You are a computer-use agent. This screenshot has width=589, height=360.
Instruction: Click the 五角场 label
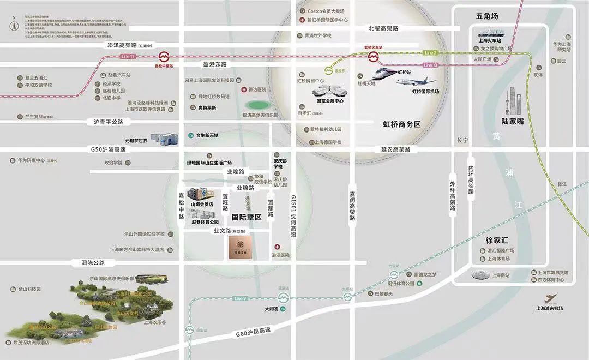(x=487, y=16)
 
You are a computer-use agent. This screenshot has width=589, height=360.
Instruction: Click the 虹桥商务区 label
(x=402, y=124)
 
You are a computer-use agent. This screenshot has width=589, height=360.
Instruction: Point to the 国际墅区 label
(x=247, y=217)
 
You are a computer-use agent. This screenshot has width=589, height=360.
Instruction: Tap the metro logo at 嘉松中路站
(x=164, y=57)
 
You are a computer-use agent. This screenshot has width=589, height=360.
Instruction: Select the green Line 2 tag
(x=430, y=52)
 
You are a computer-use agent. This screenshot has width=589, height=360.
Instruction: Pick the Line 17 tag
(x=128, y=56)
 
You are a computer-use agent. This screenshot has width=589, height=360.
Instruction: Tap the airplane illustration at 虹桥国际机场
(x=416, y=82)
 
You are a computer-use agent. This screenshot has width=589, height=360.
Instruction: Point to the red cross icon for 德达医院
(x=244, y=89)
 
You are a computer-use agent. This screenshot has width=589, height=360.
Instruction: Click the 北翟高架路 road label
(x=383, y=28)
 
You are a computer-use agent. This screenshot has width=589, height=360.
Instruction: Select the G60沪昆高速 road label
(x=254, y=332)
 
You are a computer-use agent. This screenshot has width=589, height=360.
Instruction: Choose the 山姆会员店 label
(x=202, y=204)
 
